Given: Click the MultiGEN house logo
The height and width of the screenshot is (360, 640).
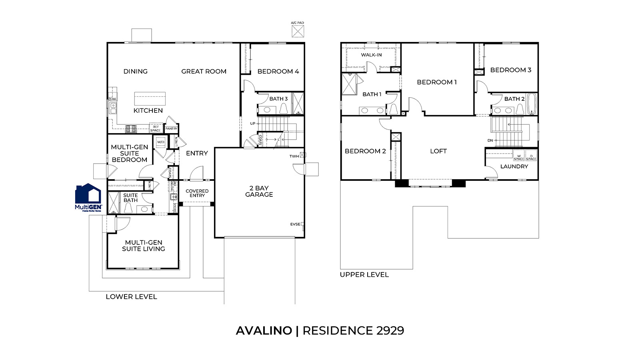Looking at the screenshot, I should pos(88,197).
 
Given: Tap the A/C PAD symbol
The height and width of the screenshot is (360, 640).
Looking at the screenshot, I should pos(298,31).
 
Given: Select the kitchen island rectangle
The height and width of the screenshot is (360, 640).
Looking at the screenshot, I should pos(150,98).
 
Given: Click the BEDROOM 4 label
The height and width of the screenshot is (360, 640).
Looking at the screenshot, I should pos(278,72).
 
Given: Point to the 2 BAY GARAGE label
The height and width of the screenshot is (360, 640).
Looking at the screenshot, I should pos(259,191).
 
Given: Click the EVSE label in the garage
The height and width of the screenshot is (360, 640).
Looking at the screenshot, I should pos(295,224).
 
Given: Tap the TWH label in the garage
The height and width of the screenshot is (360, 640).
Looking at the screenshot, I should pos(294,156).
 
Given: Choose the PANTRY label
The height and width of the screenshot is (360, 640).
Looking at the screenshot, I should pos(171,129).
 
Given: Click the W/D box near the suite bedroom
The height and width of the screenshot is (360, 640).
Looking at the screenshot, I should pos(160,142).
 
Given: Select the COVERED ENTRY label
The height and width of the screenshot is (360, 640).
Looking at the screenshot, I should pos(197,193).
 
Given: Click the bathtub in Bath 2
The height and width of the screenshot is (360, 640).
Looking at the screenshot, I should pos(531,104).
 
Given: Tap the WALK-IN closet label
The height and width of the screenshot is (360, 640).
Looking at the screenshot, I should pos(371,55).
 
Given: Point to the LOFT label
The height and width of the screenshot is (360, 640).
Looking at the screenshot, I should pos(438,151).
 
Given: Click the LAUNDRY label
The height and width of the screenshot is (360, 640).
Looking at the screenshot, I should pos(514,166).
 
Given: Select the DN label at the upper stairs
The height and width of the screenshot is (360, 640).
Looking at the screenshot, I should pos(490,140).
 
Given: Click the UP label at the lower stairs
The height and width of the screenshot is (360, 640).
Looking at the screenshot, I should pos(252,124).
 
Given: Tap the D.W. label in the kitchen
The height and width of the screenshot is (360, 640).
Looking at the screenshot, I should pos(112,99).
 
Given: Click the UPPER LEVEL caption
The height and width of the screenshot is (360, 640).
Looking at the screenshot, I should pos(364,275).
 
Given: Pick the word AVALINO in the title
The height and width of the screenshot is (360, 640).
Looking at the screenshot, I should pos(264,331).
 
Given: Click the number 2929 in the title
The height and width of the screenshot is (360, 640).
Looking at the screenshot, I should pos(390,331).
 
